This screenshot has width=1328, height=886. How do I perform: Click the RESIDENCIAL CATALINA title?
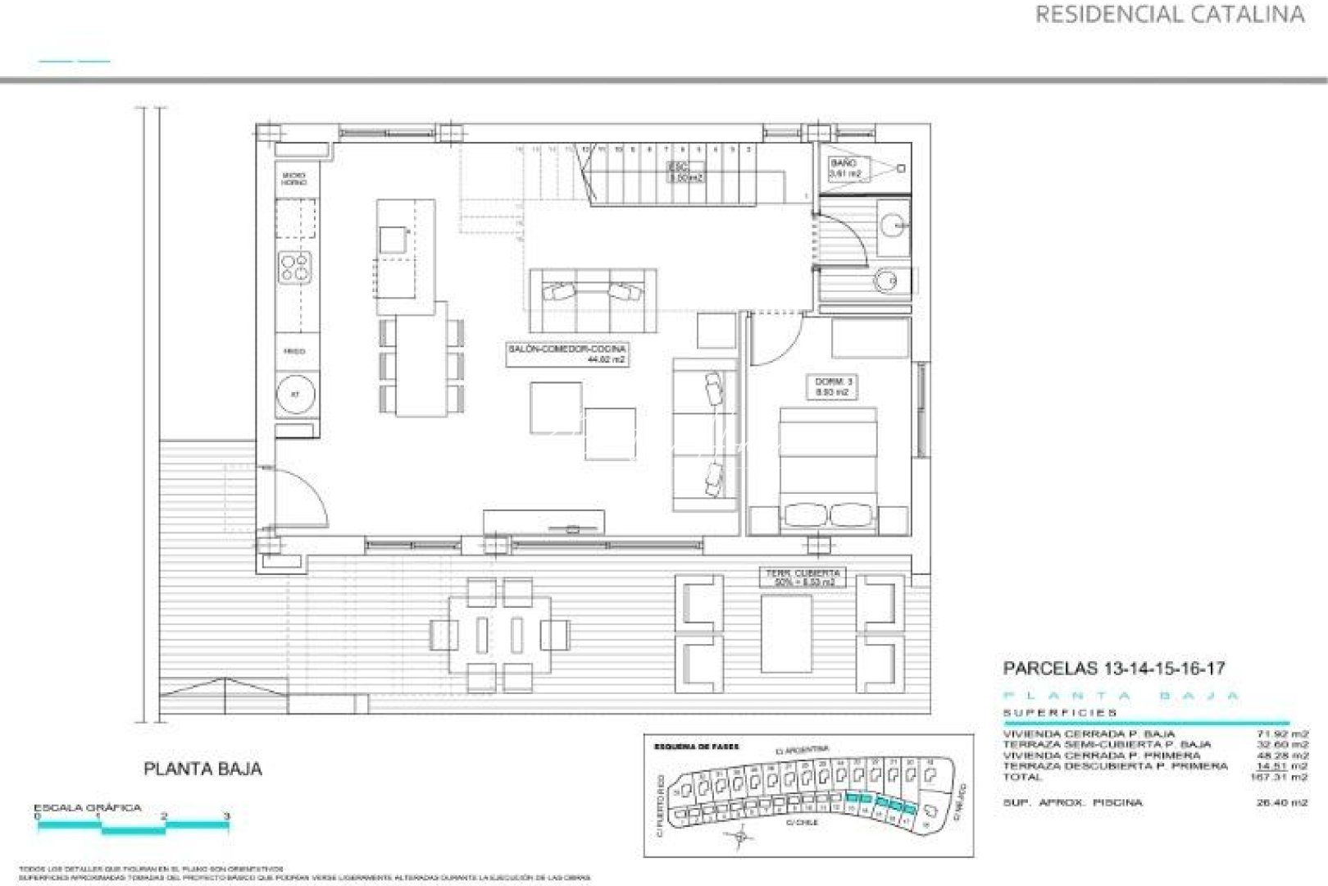[x=1169, y=15]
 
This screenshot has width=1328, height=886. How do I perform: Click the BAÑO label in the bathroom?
[x=844, y=168]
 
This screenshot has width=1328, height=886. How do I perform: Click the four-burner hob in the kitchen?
[x=296, y=266]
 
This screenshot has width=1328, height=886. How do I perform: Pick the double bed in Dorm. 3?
[x=828, y=468]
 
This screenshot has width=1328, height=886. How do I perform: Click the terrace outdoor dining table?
[x=499, y=635]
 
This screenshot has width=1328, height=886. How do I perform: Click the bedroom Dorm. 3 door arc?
[x=779, y=340]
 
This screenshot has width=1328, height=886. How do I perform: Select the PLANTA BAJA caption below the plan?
[x=202, y=770]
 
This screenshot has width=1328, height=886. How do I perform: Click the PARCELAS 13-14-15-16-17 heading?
[x=1114, y=669]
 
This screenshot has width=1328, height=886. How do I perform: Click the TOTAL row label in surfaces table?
[x=1022, y=777]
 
